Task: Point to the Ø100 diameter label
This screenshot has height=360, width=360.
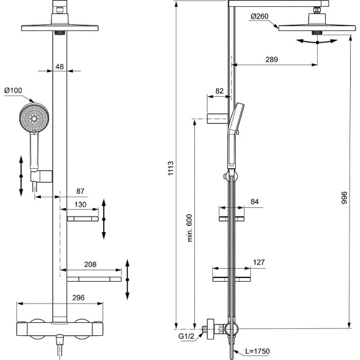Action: pos(13,91)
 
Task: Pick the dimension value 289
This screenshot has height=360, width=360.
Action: pos(271,60)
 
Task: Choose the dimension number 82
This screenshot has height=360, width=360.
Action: pos(218,91)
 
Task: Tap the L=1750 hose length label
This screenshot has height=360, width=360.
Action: pos(256,351)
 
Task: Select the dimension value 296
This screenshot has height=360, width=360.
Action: pos(60,298)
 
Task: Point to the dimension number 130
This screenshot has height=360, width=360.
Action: pos(81,204)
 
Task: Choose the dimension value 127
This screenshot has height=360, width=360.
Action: pos(258,262)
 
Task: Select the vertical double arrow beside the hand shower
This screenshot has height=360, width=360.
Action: pos(21,176)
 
